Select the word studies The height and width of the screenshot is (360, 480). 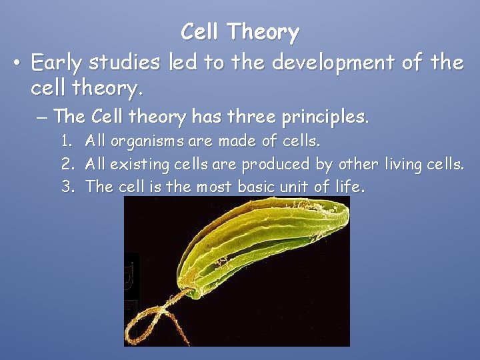click(x=129, y=63)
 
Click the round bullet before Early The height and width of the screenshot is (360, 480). click(x=19, y=63)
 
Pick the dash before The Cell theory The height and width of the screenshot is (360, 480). click(x=41, y=117)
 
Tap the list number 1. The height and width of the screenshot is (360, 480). click(x=67, y=141)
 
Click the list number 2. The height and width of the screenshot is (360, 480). click(x=67, y=164)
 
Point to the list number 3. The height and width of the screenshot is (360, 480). click(x=67, y=187)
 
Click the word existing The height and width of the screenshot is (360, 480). click(x=136, y=164)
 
